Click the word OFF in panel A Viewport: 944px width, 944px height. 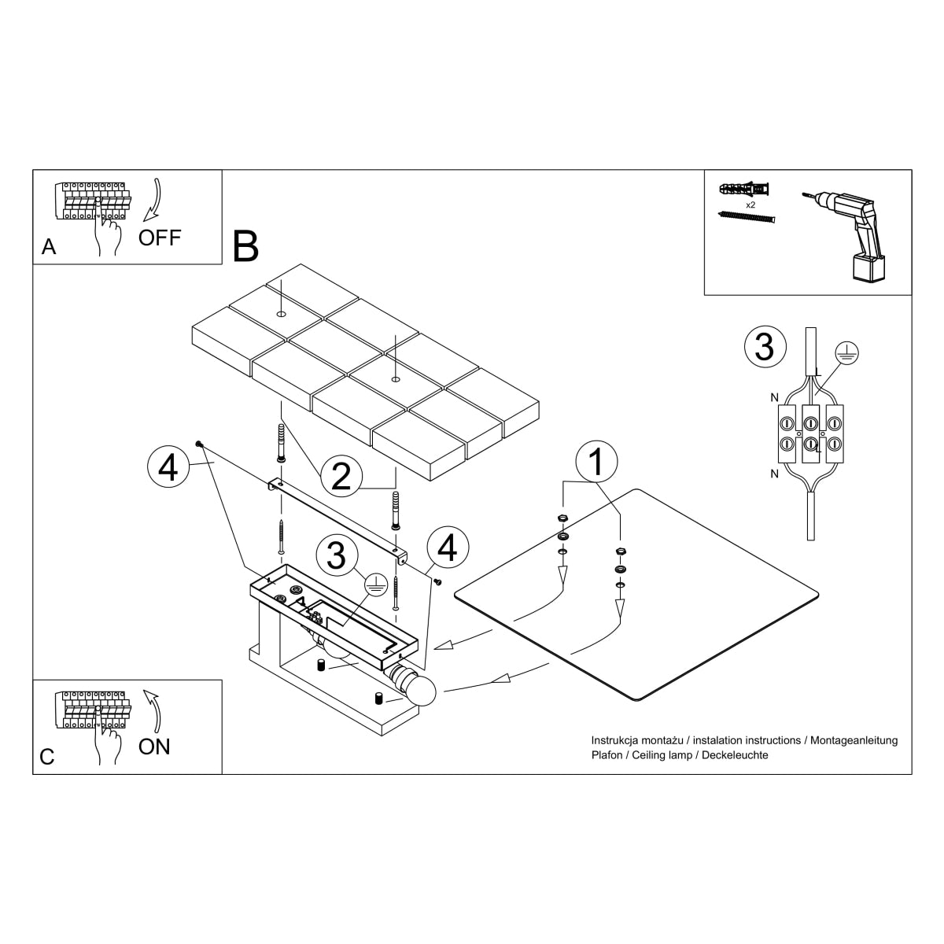pyautogui.click(x=160, y=237)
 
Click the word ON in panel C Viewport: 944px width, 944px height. pyautogui.click(x=154, y=747)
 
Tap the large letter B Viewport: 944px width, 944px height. pyautogui.click(x=245, y=246)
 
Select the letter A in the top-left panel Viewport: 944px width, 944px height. pyautogui.click(x=49, y=247)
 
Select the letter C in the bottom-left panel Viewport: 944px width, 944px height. pyautogui.click(x=47, y=757)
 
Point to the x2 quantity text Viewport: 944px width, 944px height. pyautogui.click(x=750, y=204)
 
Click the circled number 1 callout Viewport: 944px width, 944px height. pyautogui.click(x=596, y=462)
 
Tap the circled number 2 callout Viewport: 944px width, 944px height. pyautogui.click(x=341, y=476)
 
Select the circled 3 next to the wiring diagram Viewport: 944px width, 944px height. pyautogui.click(x=764, y=347)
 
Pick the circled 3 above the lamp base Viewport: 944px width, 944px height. pyautogui.click(x=336, y=555)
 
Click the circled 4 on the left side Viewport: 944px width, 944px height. pyautogui.click(x=168, y=469)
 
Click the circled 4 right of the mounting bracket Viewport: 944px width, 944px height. pyautogui.click(x=447, y=548)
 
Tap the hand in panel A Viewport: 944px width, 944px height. pyautogui.click(x=107, y=233)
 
